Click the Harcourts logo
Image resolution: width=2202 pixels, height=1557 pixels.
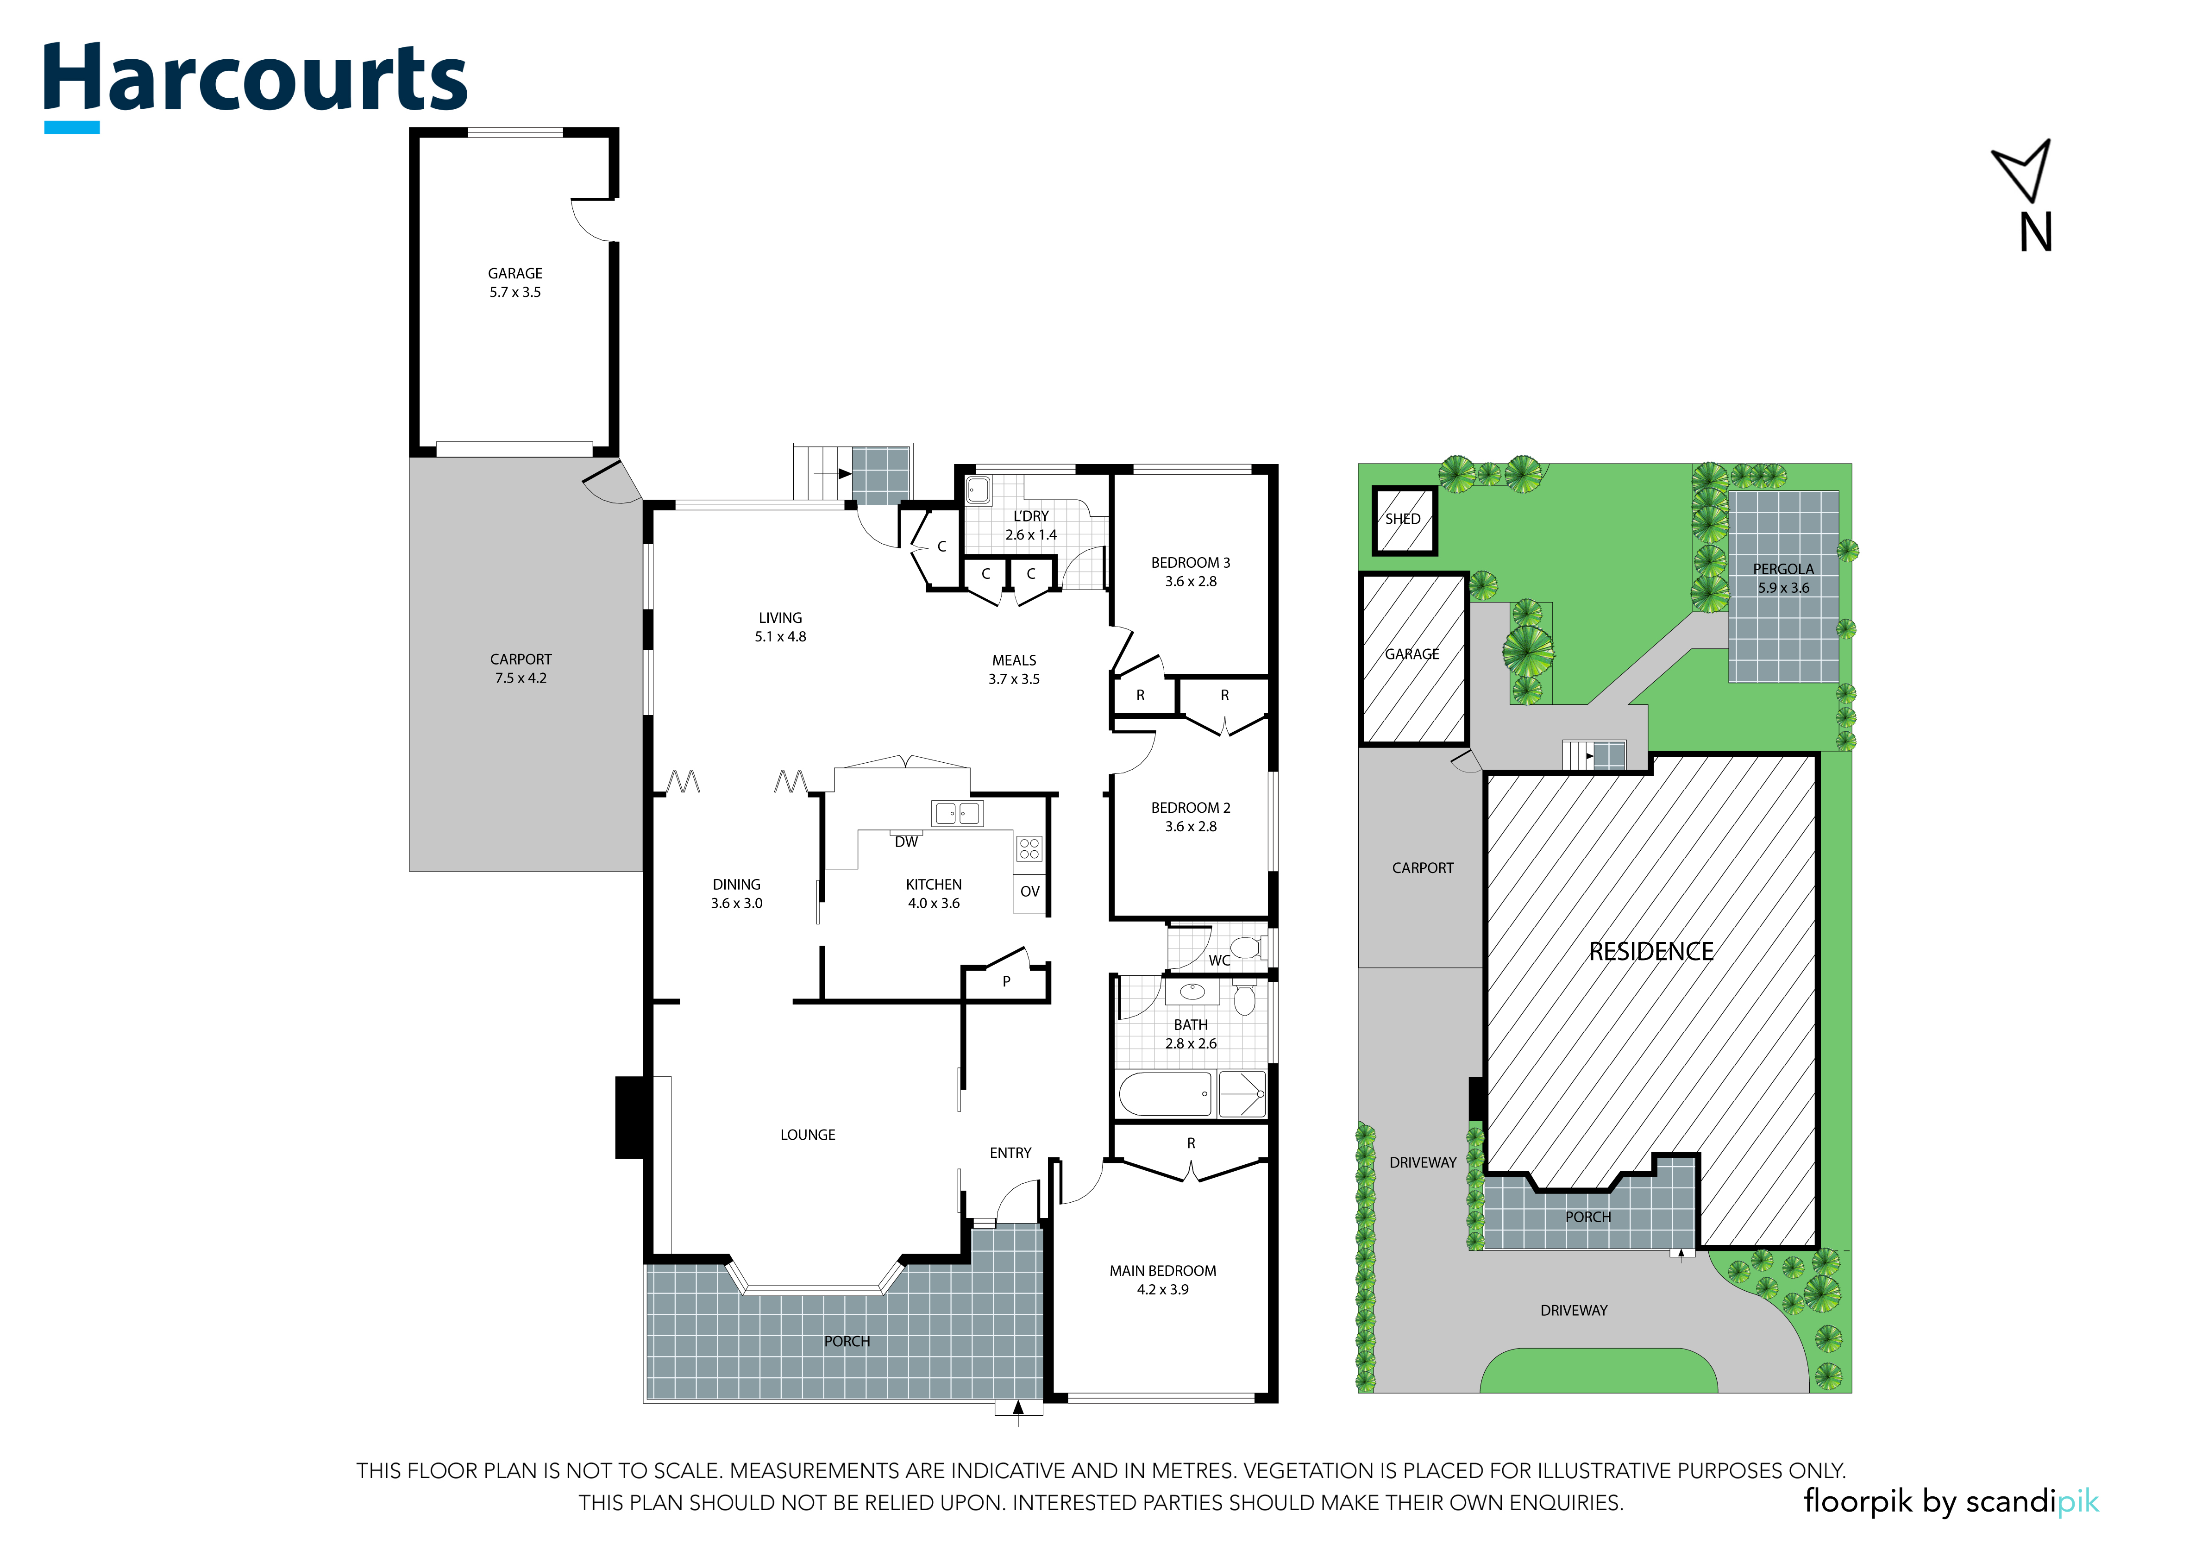click(x=255, y=84)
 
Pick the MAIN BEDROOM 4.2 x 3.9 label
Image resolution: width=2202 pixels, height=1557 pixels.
click(x=1162, y=1280)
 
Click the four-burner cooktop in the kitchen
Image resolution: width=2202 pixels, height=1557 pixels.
click(x=1029, y=848)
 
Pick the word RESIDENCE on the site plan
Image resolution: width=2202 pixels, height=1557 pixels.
click(x=1650, y=952)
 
